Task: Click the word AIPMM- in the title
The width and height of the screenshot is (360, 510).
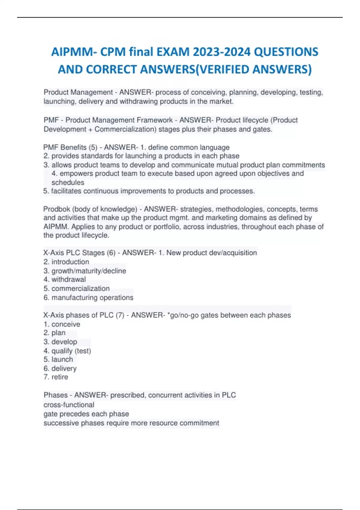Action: point(74,52)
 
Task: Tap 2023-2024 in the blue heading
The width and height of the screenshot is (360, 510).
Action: point(222,52)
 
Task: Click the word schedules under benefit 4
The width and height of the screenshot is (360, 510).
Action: point(68,182)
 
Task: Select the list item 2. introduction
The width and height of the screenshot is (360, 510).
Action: point(66,262)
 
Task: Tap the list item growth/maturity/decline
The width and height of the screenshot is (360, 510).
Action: point(88,271)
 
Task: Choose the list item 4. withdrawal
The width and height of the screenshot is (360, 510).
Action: point(64,280)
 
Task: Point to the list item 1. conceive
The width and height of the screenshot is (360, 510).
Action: point(62,324)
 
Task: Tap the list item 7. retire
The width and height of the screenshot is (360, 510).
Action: point(56,377)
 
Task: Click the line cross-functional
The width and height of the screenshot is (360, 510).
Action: point(69,405)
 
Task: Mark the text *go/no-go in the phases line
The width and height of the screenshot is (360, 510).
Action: point(183,315)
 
